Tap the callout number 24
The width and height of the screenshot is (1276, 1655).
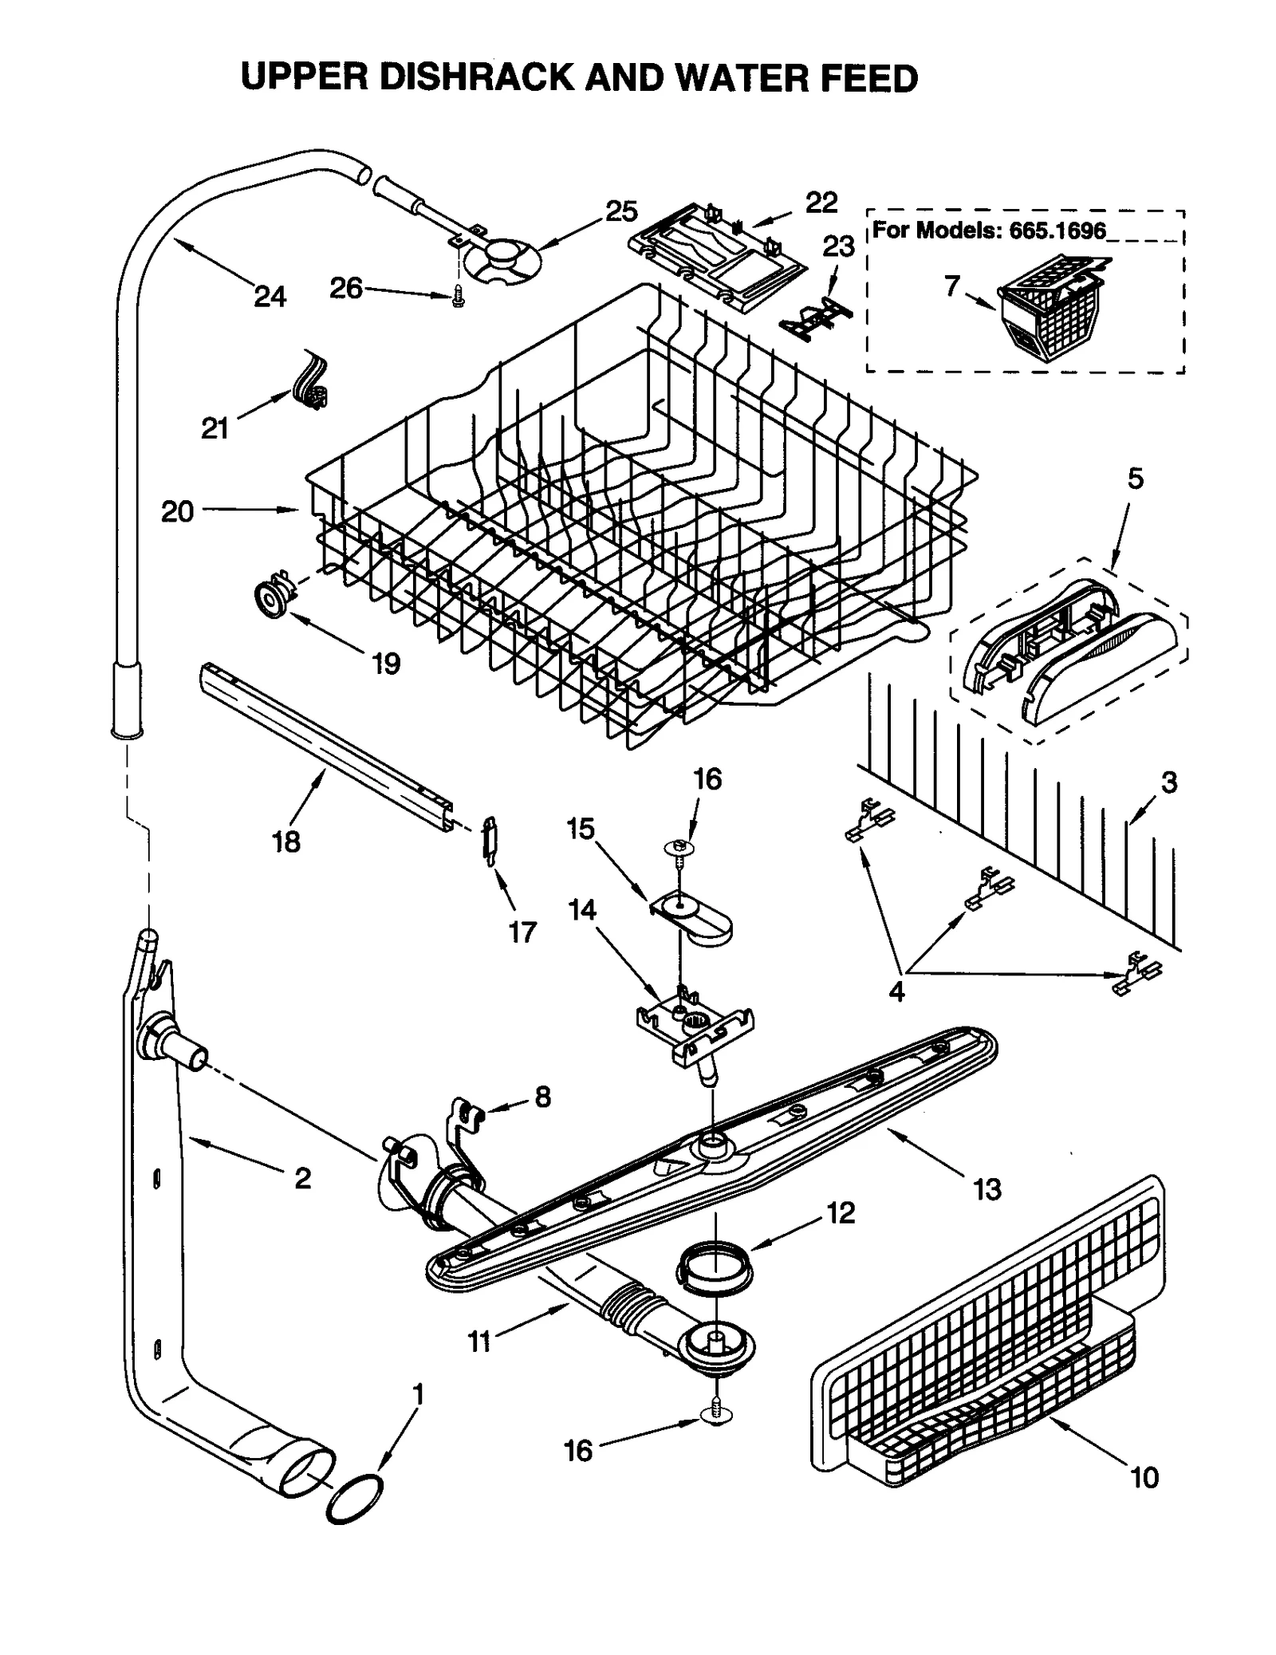(x=270, y=298)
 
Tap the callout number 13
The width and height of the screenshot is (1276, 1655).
(x=987, y=1189)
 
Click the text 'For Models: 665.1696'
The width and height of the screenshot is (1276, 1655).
(x=989, y=231)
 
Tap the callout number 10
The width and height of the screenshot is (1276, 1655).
(x=1144, y=1478)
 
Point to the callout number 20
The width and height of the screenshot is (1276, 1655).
(x=177, y=511)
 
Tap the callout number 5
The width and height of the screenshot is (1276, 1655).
(x=1135, y=479)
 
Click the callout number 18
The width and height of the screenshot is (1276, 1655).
(x=286, y=841)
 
